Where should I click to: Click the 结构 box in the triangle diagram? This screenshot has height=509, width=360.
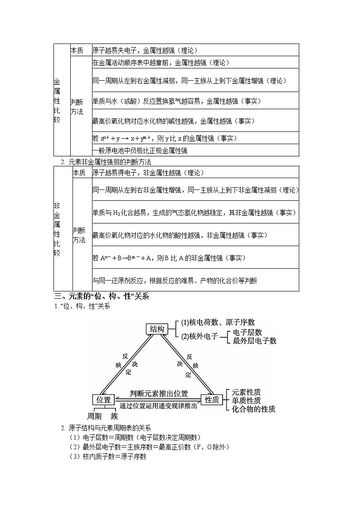click(x=157, y=329)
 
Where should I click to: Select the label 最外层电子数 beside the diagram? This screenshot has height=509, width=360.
click(x=254, y=341)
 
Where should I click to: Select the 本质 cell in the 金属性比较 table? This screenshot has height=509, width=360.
click(x=77, y=50)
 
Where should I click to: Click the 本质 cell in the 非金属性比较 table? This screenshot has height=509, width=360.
click(x=79, y=173)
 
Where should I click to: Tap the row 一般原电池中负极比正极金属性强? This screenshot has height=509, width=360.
click(x=140, y=151)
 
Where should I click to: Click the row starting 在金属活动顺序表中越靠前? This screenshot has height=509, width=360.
click(x=161, y=63)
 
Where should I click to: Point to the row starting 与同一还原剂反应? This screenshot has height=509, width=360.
click(x=175, y=281)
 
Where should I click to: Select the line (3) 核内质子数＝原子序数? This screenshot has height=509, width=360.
click(x=108, y=457)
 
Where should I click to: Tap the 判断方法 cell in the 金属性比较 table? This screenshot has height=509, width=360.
click(x=77, y=107)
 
